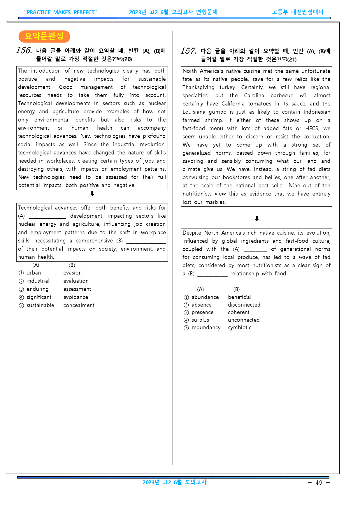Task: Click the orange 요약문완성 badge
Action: [44, 36]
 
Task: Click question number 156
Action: [24, 51]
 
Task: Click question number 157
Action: [188, 51]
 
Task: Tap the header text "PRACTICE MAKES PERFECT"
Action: [60, 12]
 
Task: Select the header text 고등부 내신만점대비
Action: [297, 12]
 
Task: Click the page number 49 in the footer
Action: [319, 483]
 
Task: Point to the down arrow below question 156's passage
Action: [92, 194]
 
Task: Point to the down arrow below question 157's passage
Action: [257, 219]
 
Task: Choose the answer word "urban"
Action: [34, 273]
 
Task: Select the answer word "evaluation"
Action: [76, 281]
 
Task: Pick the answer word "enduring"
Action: [37, 289]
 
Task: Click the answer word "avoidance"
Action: [75, 297]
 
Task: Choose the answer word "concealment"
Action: [79, 305]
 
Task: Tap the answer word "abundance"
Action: [205, 297]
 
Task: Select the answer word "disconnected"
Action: [244, 305]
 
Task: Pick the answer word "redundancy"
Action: [206, 328]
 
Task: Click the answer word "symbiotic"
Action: [240, 328]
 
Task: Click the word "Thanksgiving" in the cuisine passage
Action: [198, 87]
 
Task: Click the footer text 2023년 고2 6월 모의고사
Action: [174, 482]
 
